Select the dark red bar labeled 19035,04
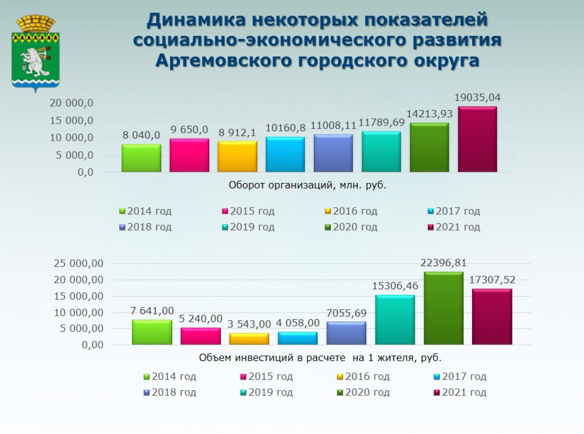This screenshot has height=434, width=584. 477,139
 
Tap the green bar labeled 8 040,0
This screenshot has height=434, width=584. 141,158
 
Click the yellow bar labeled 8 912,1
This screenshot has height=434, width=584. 237,156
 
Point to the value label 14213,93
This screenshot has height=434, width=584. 429,114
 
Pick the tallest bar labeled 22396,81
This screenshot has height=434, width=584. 443,308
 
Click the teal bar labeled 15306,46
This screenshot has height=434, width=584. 395,320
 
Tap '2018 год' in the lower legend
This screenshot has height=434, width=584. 174,393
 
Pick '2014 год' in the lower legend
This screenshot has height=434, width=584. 174,377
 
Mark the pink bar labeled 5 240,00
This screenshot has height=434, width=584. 201,336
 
